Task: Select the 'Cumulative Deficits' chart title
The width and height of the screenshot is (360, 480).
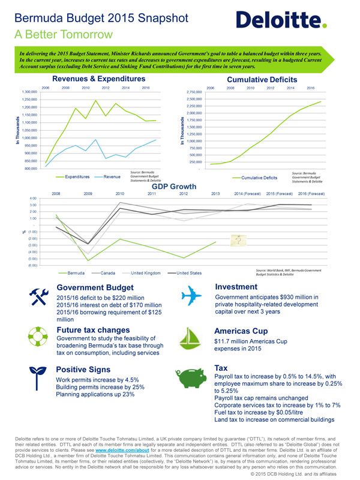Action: click(261, 79)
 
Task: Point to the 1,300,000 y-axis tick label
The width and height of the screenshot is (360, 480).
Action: click(29, 92)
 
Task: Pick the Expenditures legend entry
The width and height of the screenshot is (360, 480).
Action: click(73, 177)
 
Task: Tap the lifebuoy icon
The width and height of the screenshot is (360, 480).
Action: click(38, 336)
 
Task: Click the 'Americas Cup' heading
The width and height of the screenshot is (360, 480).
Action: click(242, 330)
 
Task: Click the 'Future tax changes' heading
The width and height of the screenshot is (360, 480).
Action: click(92, 330)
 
